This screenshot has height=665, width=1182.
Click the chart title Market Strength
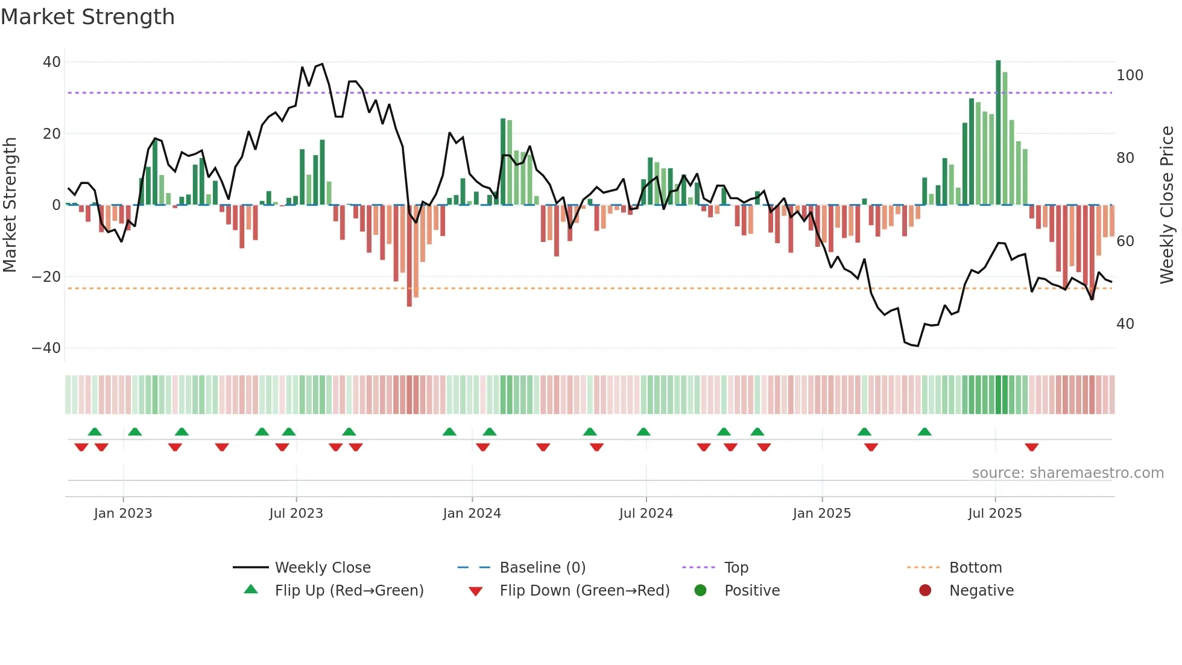pos(87,17)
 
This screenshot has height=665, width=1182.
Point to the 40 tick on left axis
pos(51,62)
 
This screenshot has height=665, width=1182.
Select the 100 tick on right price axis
pos(1130,75)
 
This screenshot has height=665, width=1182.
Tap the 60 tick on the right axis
pos(1125,241)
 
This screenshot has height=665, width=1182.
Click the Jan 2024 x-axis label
pos(472,514)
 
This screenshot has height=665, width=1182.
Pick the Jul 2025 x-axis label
pos(994,514)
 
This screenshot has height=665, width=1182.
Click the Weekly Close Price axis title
pos(1167,205)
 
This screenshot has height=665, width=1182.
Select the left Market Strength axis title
pos(10,205)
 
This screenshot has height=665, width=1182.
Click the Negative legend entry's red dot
pos(925,590)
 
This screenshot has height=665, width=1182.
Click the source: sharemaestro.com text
pos(1067,473)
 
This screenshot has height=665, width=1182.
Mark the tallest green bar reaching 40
pos(998,133)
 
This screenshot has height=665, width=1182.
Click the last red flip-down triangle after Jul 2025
pos(1031,447)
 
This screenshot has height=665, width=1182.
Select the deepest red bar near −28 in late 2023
pos(409,256)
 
